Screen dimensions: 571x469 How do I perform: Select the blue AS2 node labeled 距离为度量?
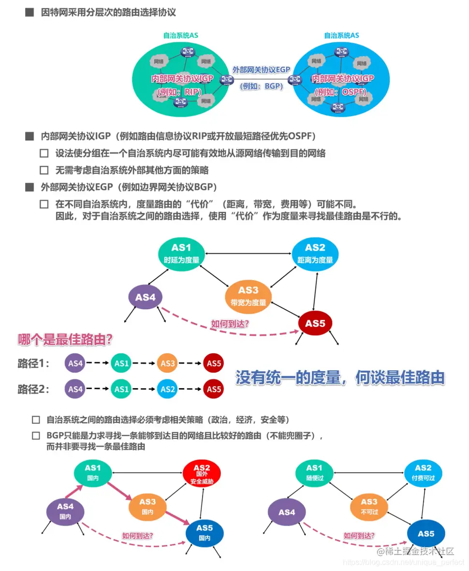[315, 254]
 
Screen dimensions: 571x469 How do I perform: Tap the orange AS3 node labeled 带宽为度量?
[248, 296]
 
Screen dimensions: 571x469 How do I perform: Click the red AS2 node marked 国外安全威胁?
[202, 474]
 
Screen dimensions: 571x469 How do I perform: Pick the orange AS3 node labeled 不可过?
[369, 506]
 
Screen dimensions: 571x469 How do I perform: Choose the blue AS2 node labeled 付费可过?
[423, 474]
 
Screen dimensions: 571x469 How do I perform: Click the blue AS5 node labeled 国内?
[205, 532]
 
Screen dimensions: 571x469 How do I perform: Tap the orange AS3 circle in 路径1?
[167, 363]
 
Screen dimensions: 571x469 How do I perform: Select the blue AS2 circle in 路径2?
[167, 389]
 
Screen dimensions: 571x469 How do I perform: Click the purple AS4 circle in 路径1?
[75, 363]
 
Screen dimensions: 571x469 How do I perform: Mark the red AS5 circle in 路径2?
[213, 389]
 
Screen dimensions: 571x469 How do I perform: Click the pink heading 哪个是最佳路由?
[65, 340]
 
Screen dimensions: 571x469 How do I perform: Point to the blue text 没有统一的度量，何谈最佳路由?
[340, 377]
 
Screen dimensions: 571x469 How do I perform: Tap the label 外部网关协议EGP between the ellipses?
[261, 70]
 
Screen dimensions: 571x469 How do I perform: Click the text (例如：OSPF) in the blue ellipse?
[340, 91]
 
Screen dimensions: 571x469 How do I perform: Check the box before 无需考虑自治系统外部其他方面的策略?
[44, 170]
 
